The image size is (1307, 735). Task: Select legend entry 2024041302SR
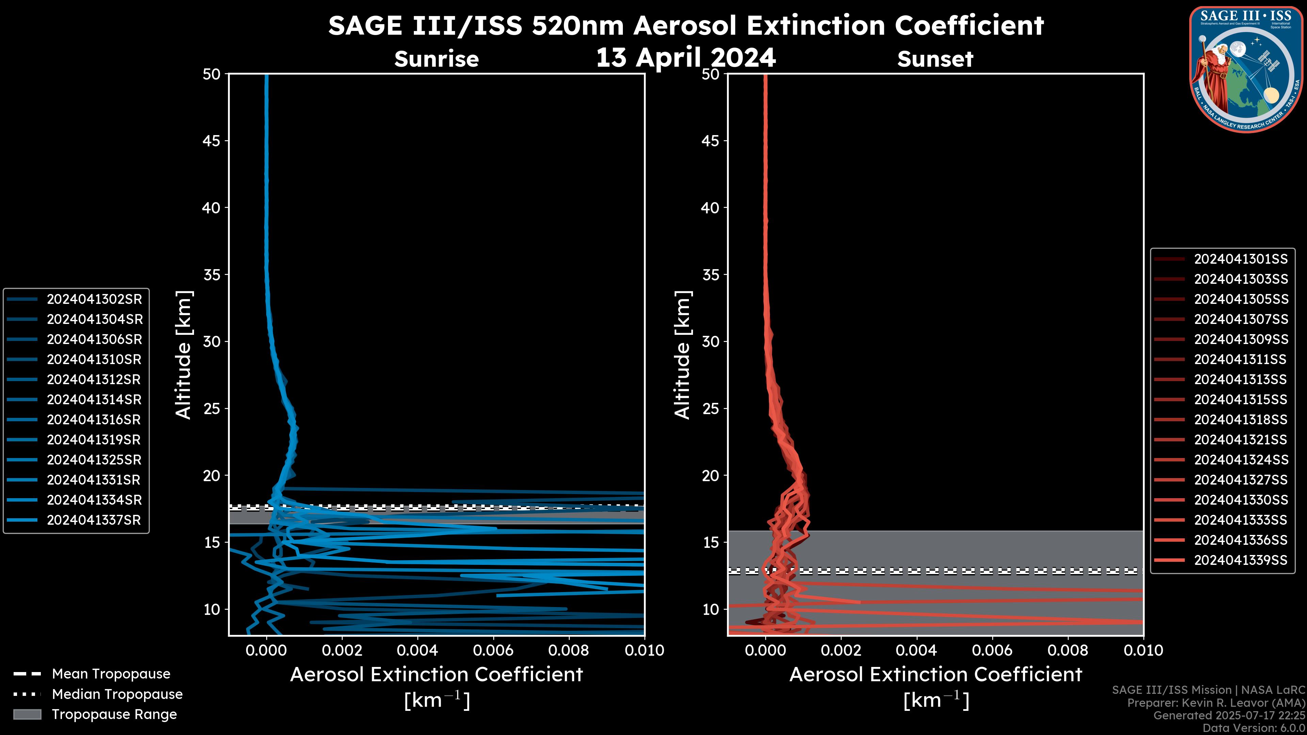94,299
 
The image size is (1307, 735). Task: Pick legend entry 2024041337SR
94,520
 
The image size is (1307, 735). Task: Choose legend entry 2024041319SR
94,440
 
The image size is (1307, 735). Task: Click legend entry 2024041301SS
1241,259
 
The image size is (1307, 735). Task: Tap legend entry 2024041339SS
1241,560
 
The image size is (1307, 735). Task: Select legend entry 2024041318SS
1241,420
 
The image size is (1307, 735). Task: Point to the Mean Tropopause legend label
111,674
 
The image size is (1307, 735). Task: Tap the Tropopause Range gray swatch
27,714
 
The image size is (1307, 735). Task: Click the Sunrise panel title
436,59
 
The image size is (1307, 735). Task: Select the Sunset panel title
935,59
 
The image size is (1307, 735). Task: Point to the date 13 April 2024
685,57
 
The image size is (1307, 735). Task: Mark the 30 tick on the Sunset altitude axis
710,341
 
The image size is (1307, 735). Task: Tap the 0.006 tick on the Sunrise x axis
493,650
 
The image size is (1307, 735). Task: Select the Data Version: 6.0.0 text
1254,728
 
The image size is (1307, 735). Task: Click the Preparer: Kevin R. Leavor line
1216,703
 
